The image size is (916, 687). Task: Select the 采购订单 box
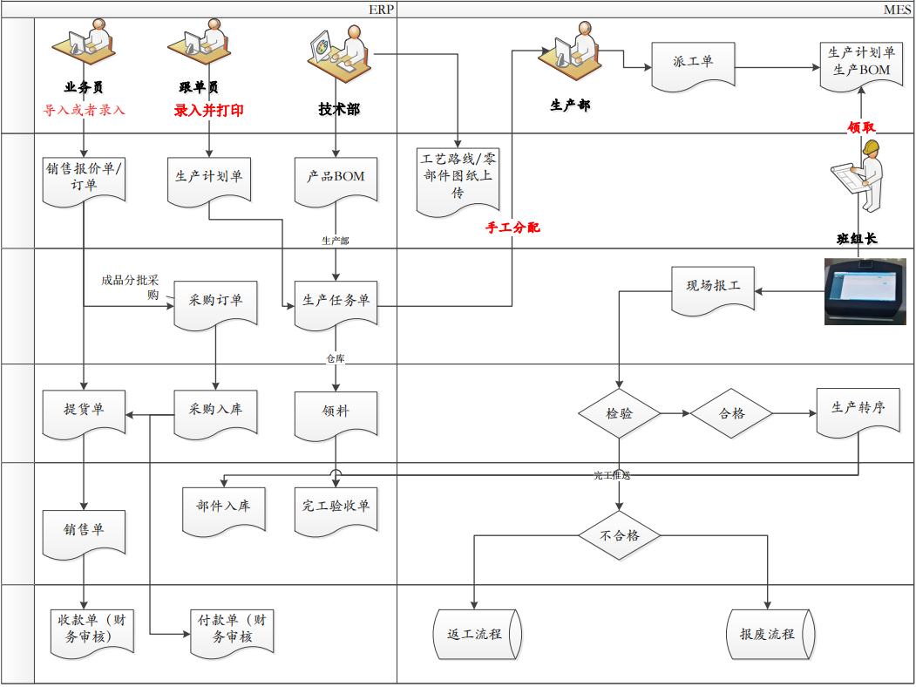pyautogui.click(x=215, y=302)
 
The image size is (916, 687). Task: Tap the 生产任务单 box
pyautogui.click(x=336, y=302)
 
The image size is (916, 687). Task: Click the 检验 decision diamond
pyautogui.click(x=619, y=413)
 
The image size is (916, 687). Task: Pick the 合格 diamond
pyautogui.click(x=732, y=413)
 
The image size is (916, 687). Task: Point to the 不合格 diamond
pyautogui.click(x=619, y=535)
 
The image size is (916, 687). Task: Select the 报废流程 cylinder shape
pyautogui.click(x=769, y=633)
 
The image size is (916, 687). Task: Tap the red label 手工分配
pyautogui.click(x=512, y=228)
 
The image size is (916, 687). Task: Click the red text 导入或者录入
pyautogui.click(x=85, y=111)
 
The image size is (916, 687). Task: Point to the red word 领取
pyautogui.click(x=861, y=127)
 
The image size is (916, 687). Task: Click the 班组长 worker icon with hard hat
pyautogui.click(x=860, y=174)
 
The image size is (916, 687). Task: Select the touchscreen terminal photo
pyautogui.click(x=866, y=292)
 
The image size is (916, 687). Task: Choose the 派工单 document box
pyautogui.click(x=693, y=65)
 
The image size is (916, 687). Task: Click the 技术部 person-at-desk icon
pyautogui.click(x=339, y=54)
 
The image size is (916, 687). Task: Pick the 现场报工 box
pyautogui.click(x=713, y=289)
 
